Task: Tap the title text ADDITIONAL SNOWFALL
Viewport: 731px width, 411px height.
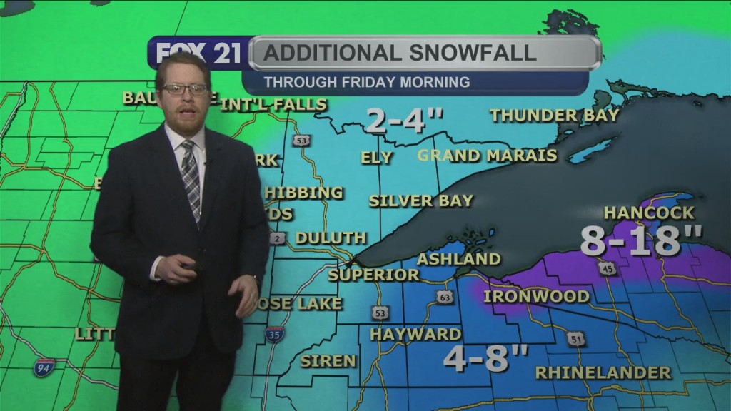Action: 401,53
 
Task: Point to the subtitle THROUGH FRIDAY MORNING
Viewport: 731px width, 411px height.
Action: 366,82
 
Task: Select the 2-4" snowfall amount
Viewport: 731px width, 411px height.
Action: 405,120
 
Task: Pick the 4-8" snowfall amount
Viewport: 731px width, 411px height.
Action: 485,357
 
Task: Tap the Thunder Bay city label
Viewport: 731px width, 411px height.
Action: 555,115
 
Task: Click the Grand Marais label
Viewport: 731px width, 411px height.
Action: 487,155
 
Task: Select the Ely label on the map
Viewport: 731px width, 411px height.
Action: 377,157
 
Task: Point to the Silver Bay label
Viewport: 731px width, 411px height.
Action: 421,201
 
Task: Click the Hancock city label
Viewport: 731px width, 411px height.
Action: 648,213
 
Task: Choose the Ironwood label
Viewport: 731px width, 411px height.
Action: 537,295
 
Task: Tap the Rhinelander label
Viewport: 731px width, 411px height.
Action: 603,372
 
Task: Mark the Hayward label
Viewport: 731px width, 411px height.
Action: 415,333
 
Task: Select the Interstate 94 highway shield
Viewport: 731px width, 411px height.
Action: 44,367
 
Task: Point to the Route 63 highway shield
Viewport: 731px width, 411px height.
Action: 445,297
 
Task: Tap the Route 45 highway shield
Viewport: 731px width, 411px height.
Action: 607,268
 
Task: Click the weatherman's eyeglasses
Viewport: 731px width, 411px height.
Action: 185,89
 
